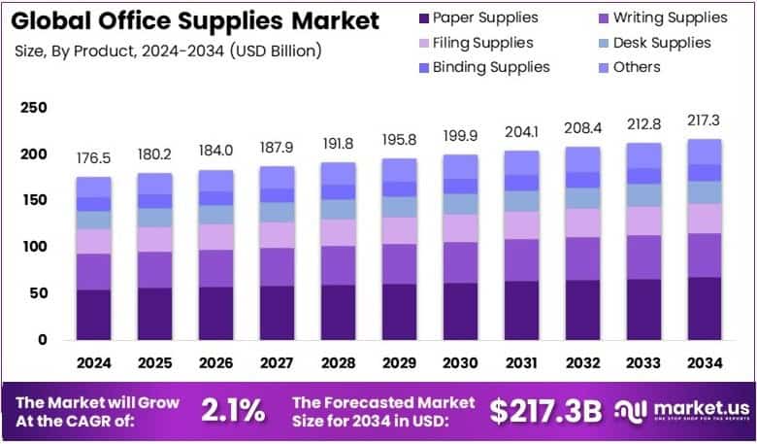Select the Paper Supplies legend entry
pos(477,17)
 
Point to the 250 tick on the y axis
pos(33,108)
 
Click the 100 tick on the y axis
pos(33,247)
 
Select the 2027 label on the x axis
pos(278,363)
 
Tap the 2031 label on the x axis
pos(522,363)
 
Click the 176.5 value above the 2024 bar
pos(94,157)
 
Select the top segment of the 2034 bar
pos(705,152)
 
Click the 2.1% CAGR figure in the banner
pos(233,410)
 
